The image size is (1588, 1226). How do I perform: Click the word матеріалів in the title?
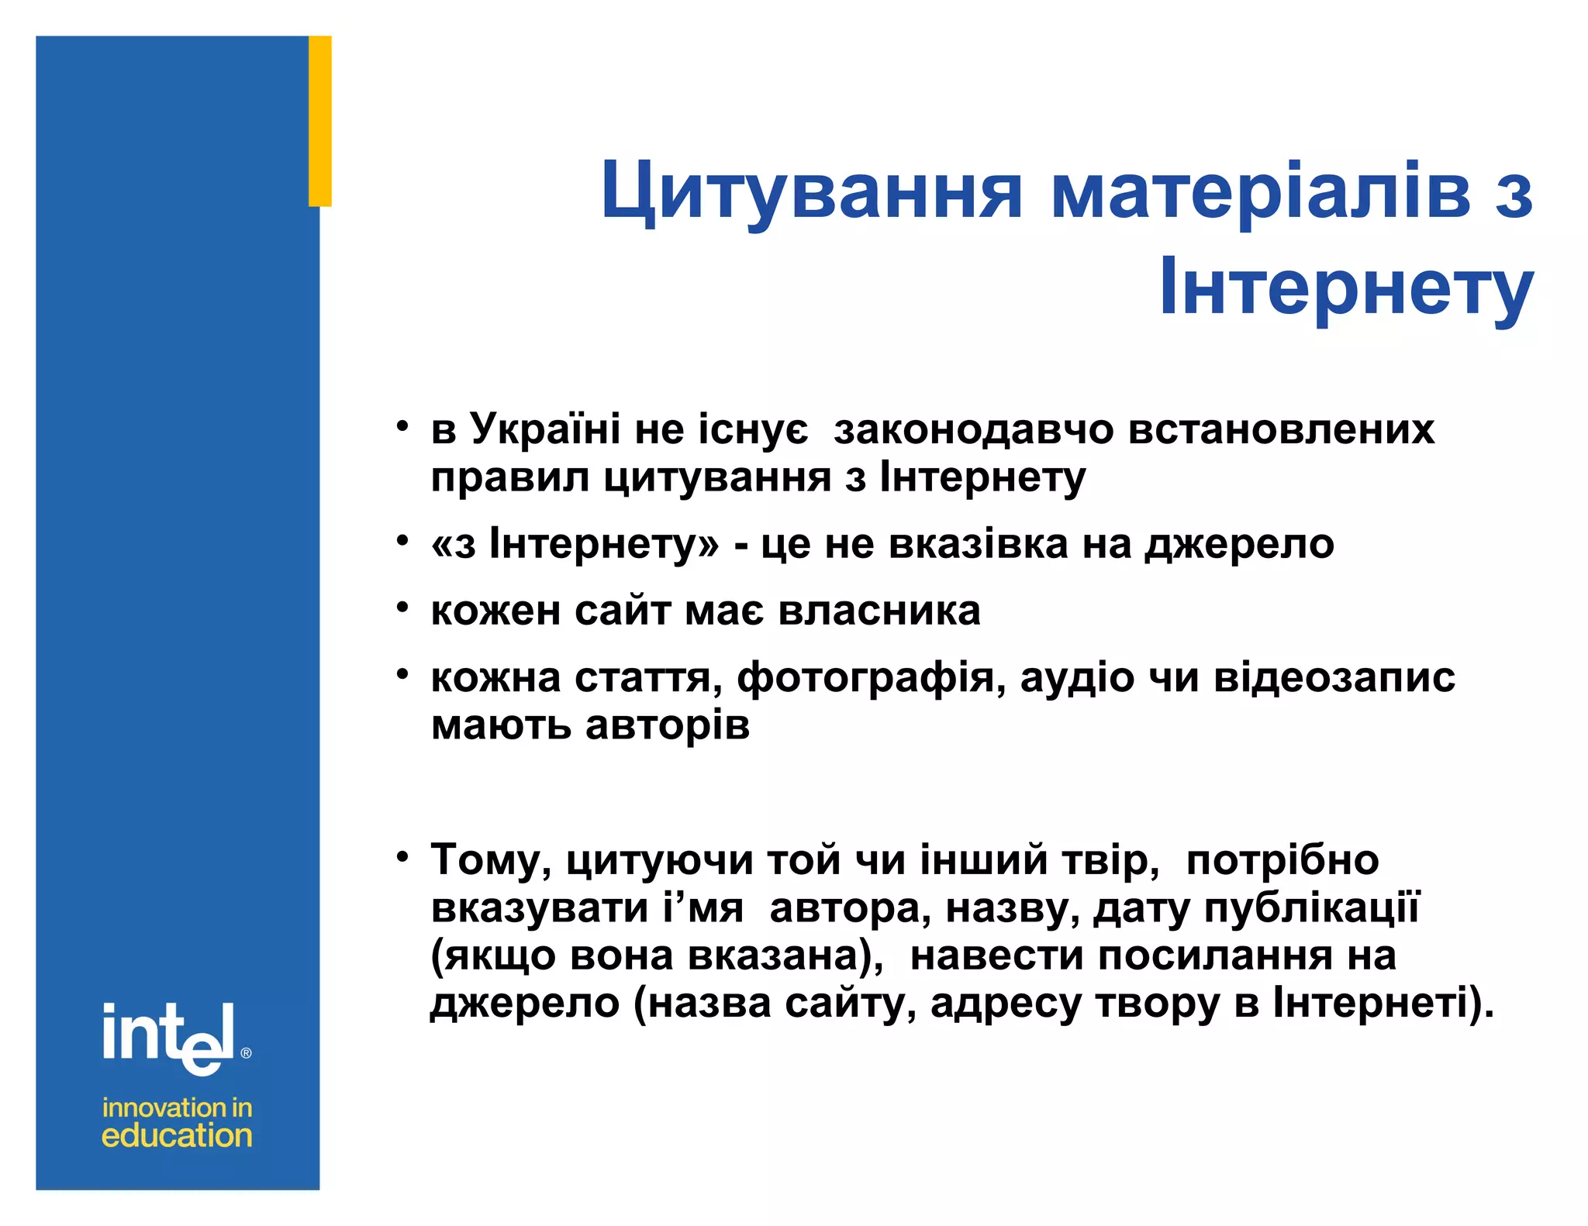[x=1261, y=191]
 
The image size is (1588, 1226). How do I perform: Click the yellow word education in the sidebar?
[x=177, y=1136]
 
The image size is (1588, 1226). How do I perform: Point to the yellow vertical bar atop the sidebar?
[x=320, y=121]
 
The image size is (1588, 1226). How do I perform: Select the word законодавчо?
[x=974, y=429]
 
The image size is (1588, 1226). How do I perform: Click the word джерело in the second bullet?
[x=1240, y=543]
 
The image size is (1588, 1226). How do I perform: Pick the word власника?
[x=879, y=611]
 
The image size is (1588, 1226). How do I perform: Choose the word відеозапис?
[x=1334, y=677]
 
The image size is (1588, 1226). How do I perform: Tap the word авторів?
[x=668, y=725]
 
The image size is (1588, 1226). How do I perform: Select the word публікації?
[x=1311, y=907]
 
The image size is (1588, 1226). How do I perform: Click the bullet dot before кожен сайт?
[x=402, y=607]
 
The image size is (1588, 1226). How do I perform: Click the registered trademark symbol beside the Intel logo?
[x=247, y=1053]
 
